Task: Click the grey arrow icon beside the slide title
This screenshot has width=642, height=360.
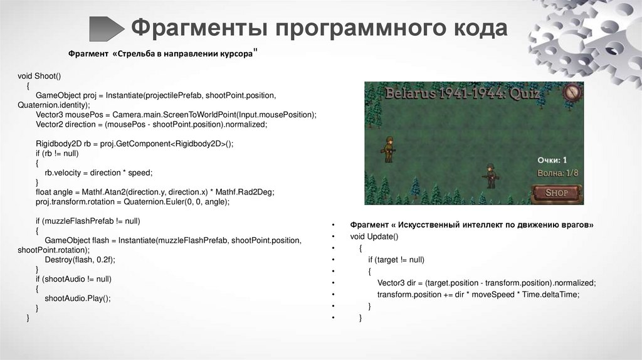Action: pyautogui.click(x=107, y=29)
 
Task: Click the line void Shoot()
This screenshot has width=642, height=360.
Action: pyautogui.click(x=39, y=76)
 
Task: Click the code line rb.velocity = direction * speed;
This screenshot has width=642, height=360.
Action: pyautogui.click(x=98, y=172)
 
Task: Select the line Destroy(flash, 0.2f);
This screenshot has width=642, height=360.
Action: pyautogui.click(x=80, y=259)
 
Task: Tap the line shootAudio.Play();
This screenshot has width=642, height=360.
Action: pyautogui.click(x=78, y=299)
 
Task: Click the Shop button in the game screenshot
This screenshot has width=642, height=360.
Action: pyautogui.click(x=556, y=193)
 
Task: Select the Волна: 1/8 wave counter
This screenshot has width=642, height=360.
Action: pyautogui.click(x=557, y=172)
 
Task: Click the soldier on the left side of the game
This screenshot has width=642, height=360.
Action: pyautogui.click(x=389, y=149)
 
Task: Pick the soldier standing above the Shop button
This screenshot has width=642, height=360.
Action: pyautogui.click(x=492, y=175)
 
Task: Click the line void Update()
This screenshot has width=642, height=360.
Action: pyautogui.click(x=374, y=236)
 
